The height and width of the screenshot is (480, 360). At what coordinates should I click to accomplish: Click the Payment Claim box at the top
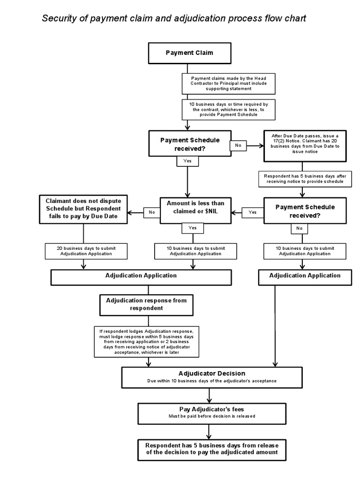point(189,52)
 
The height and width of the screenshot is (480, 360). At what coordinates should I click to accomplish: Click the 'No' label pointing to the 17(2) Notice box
point(238,145)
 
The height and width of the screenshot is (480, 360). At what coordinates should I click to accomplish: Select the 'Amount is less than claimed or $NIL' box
point(195,208)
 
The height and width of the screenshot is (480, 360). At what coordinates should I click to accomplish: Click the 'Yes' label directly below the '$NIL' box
point(193,227)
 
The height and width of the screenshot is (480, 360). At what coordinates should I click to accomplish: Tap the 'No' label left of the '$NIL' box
point(151,212)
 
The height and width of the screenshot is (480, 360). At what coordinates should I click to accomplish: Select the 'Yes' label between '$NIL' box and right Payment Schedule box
point(253,212)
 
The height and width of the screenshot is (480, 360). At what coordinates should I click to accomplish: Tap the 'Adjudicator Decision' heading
point(211,374)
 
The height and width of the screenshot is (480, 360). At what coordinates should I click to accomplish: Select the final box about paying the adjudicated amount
point(211,449)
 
